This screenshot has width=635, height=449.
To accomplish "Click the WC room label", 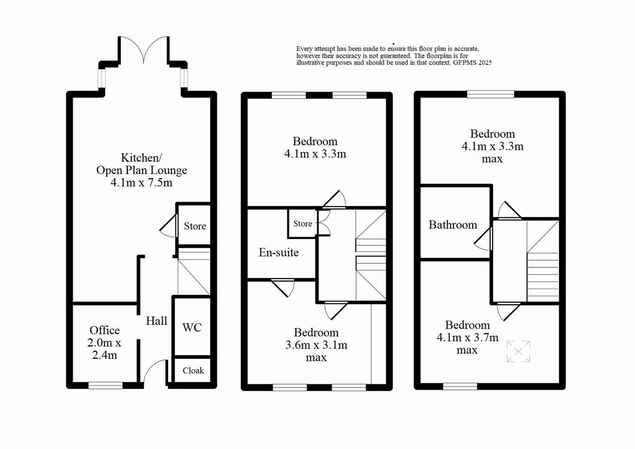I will (x=192, y=328).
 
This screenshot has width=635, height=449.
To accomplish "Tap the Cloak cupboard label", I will (x=193, y=370).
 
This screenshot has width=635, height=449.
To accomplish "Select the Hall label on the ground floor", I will (x=156, y=321).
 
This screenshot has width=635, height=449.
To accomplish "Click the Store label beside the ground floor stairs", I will (x=195, y=226).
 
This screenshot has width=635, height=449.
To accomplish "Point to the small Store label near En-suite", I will (x=303, y=224).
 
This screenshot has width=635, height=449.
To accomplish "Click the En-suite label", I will (x=278, y=252).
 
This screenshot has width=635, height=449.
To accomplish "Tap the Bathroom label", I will (x=453, y=225).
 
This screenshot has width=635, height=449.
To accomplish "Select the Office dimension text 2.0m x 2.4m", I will (x=104, y=349).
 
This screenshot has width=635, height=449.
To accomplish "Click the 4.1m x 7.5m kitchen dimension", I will (x=141, y=183).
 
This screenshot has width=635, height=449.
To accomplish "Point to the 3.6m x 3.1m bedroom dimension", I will (x=316, y=345).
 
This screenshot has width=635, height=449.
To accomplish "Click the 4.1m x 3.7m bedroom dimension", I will (x=467, y=338).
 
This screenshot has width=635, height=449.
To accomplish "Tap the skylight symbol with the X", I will (x=518, y=352).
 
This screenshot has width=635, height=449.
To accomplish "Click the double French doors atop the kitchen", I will (x=144, y=50).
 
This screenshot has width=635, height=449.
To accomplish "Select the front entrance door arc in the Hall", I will (x=155, y=371).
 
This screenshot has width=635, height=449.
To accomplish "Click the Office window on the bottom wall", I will (x=106, y=386).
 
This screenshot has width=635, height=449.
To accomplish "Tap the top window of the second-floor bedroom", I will (x=491, y=94).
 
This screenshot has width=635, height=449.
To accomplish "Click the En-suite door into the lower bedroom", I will (x=283, y=287).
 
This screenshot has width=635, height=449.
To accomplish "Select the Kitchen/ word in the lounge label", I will (x=141, y=158).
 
